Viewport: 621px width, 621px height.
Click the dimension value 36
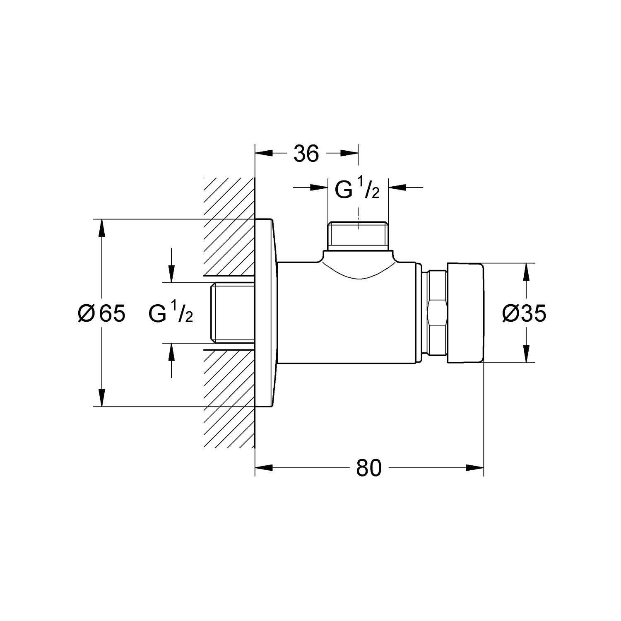coord(306,154)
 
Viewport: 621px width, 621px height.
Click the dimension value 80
coord(369,468)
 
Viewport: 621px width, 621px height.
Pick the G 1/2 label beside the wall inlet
coord(171,313)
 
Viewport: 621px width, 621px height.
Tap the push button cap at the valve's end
coord(465,313)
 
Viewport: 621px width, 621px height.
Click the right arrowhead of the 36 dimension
coord(349,154)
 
